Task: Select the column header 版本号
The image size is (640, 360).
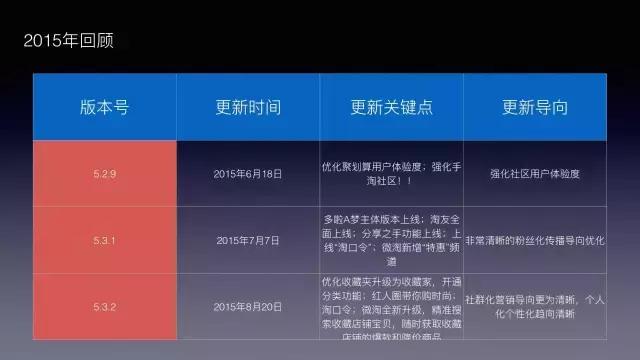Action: click(x=105, y=107)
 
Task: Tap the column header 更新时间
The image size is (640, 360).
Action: click(x=248, y=107)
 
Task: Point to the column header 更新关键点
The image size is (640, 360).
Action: click(x=391, y=107)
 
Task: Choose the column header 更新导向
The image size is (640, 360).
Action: click(x=535, y=107)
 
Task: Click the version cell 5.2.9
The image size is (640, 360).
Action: click(x=105, y=173)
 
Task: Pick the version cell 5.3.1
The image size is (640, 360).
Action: click(x=105, y=240)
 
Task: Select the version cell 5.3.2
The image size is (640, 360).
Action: click(x=105, y=306)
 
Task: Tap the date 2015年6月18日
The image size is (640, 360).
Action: click(x=248, y=173)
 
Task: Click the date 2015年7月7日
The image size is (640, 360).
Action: click(x=248, y=240)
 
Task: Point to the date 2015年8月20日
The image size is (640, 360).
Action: click(x=248, y=306)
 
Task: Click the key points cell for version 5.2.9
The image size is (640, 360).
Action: click(x=391, y=172)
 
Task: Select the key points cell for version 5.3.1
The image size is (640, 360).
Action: click(x=391, y=240)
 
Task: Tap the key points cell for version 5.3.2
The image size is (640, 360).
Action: click(x=391, y=310)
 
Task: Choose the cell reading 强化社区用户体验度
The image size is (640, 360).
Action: click(x=535, y=173)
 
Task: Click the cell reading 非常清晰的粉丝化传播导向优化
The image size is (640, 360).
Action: click(x=535, y=240)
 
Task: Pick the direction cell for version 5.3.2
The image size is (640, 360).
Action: click(x=535, y=306)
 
